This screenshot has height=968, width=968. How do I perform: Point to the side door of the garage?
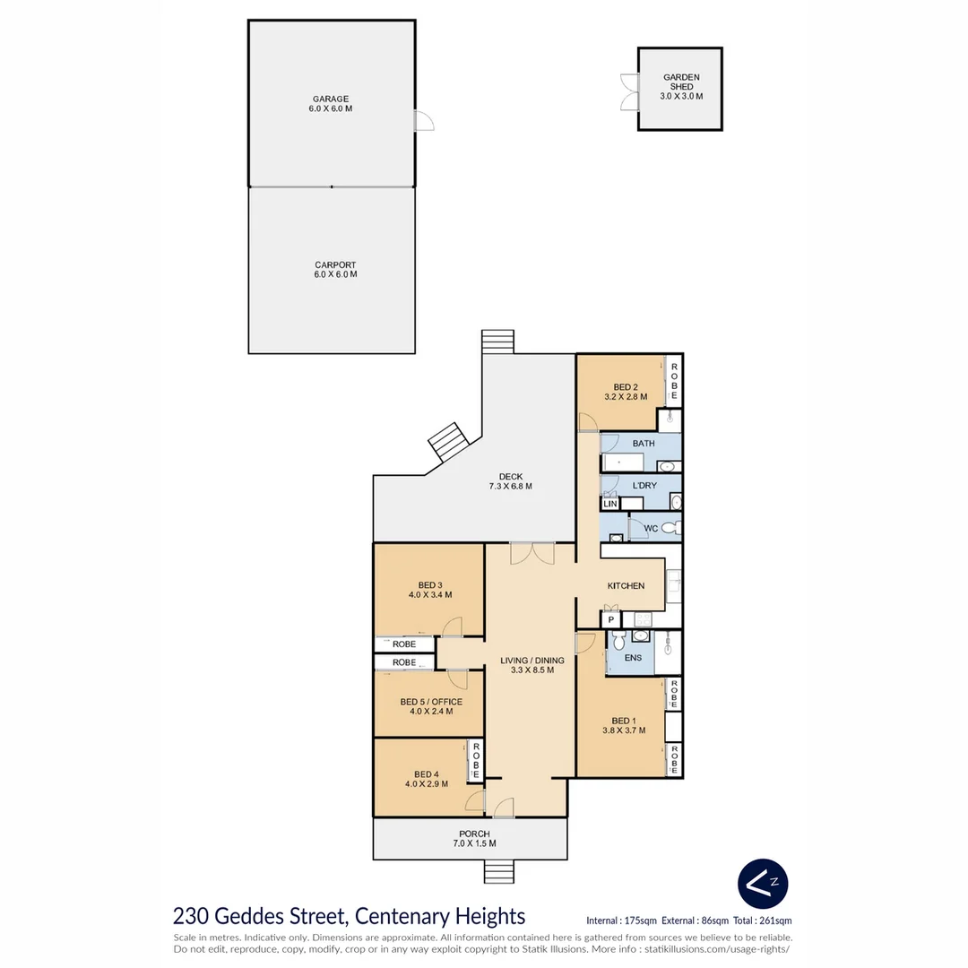(422, 121)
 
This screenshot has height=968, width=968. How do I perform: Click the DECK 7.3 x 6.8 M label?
(511, 481)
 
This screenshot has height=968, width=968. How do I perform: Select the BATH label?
(643, 444)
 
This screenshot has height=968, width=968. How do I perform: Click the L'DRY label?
(644, 486)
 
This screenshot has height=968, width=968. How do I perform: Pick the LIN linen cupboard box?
(610, 505)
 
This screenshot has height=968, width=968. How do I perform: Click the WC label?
(651, 529)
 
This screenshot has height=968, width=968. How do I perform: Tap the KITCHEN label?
(626, 585)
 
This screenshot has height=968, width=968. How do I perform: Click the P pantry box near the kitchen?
(610, 619)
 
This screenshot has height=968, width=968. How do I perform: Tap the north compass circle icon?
(763, 883)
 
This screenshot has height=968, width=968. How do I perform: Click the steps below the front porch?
(498, 871)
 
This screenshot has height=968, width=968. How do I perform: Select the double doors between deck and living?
(532, 554)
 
